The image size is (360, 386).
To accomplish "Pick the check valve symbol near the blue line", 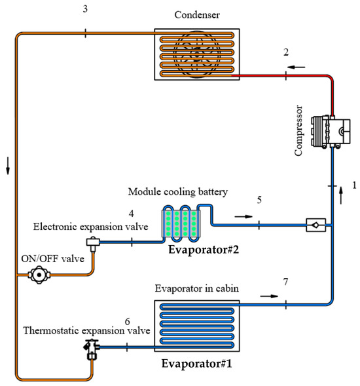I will tap(315, 227).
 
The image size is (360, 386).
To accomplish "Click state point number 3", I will tap(85, 9).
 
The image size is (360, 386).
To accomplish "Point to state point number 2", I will tap(287, 52).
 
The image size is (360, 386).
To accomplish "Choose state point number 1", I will tap(353, 185).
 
